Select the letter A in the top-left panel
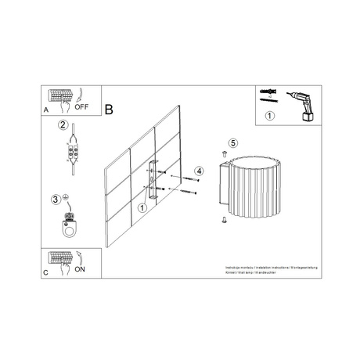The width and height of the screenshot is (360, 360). click(46, 111)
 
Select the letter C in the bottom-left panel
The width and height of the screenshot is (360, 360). click(46, 272)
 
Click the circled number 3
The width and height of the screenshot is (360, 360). click(56, 199)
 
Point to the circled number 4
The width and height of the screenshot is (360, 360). click(200, 170)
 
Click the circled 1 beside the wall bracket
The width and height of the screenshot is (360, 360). click(142, 208)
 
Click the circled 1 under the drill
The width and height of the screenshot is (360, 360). click(270, 117)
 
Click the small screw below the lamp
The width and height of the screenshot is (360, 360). click(224, 221)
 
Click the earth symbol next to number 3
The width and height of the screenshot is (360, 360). click(66, 196)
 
